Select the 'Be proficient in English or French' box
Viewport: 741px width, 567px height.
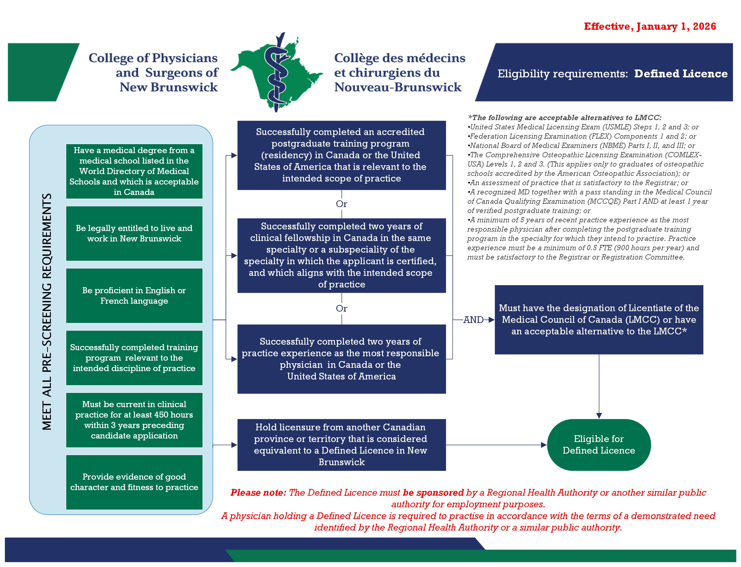(134, 296)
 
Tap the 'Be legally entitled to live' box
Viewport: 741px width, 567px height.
(134, 233)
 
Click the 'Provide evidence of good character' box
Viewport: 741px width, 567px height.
(134, 482)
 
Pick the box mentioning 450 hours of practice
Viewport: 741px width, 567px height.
(134, 420)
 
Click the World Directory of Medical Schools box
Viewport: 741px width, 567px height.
(134, 171)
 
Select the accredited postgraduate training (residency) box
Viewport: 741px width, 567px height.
(341, 155)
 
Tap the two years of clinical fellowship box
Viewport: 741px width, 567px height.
(341, 255)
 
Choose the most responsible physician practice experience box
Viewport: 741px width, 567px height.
(341, 359)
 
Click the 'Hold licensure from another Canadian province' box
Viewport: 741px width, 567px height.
(341, 445)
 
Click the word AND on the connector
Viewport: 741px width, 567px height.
(473, 320)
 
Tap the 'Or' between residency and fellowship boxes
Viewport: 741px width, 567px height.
(341, 204)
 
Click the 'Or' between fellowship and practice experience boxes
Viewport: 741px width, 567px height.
(341, 308)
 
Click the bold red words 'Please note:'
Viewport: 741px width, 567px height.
(258, 492)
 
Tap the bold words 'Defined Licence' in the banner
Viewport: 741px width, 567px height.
(681, 74)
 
